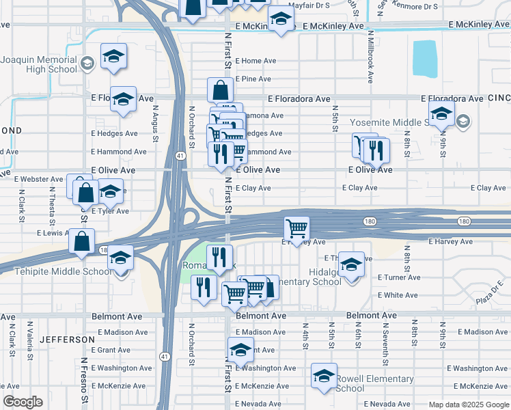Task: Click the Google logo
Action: pos(23,402)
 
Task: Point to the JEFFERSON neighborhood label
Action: pos(67,339)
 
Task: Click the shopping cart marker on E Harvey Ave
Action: pos(296,228)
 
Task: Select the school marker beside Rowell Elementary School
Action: pos(324,375)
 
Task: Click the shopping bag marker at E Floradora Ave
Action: pos(221,90)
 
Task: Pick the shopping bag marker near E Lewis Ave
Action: pos(82,243)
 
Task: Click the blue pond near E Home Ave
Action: pos(425,59)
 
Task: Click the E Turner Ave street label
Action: pos(399,277)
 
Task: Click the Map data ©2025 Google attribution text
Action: pos(468,405)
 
